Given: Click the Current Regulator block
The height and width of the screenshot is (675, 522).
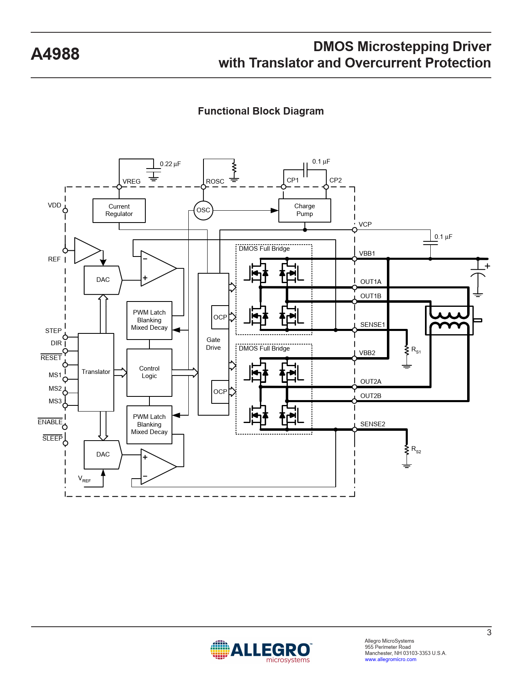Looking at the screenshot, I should click(119, 210).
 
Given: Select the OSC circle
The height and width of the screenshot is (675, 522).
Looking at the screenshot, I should click(203, 210).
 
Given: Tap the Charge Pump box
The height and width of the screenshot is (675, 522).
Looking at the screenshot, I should click(304, 210).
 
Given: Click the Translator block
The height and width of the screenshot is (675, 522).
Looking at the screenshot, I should click(96, 372).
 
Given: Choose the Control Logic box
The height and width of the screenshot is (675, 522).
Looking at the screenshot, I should click(149, 372).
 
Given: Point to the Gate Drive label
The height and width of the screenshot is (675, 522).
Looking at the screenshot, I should click(213, 344).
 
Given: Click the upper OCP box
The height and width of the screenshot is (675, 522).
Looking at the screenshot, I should click(220, 317).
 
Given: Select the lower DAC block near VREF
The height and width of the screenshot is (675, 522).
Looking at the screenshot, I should click(102, 454).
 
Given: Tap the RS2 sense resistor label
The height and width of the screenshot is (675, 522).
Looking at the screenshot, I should click(416, 450).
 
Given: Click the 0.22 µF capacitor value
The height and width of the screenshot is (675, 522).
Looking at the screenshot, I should click(170, 164).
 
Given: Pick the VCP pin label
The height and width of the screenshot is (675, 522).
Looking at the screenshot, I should click(365, 225).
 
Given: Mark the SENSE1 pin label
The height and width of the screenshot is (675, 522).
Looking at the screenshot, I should click(372, 325).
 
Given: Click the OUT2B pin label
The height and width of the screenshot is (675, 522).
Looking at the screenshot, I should click(371, 396).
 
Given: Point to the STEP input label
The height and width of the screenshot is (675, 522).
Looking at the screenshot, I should click(53, 331).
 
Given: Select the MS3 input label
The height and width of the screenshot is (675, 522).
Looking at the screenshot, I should click(55, 401).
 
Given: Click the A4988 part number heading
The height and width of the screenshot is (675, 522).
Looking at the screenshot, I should click(55, 54).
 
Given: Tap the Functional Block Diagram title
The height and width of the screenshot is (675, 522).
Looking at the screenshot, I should click(261, 111).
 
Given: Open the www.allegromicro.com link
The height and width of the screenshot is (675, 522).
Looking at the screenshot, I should click(390, 659).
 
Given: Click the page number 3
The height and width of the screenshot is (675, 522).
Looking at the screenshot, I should click(489, 632).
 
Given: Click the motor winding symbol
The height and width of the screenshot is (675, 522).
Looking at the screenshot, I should click(449, 321).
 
